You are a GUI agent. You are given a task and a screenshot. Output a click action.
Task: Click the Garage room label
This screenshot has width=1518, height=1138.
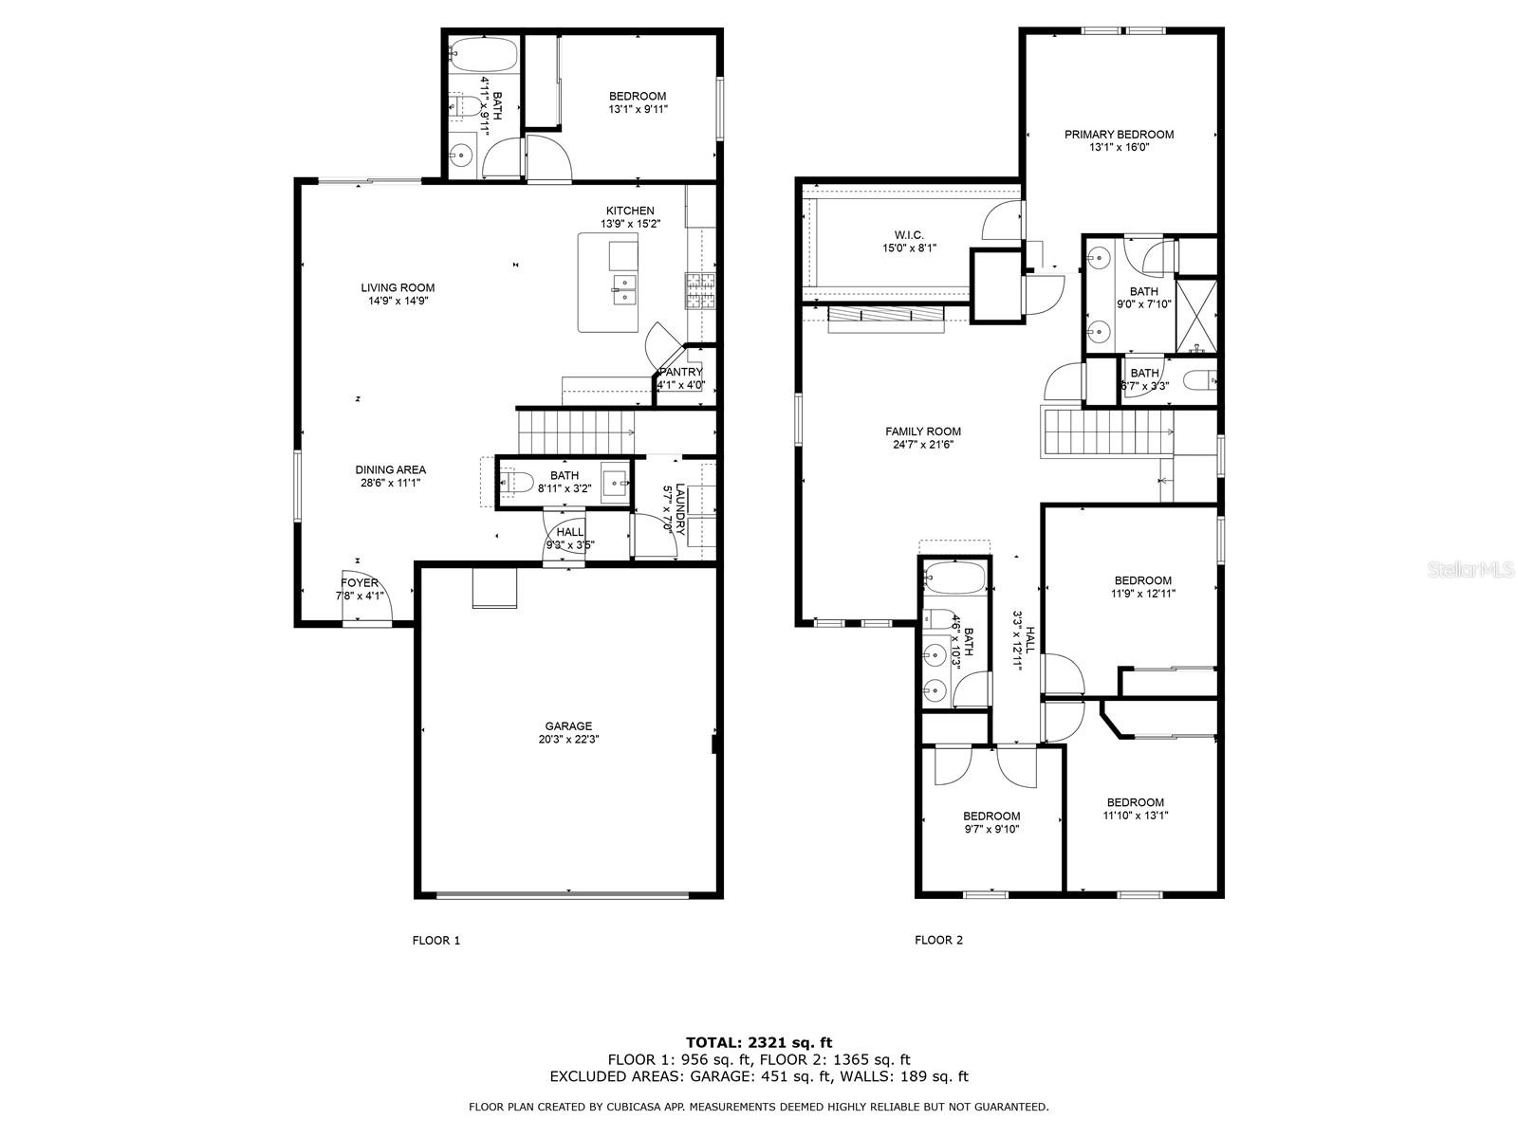coord(568,726)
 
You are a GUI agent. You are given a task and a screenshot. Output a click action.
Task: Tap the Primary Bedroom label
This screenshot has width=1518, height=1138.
coord(1119,135)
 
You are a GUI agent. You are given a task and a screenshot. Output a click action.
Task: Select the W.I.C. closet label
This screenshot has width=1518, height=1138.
coord(908,235)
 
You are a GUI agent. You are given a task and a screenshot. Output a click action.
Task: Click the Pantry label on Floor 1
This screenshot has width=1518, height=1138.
coord(680,373)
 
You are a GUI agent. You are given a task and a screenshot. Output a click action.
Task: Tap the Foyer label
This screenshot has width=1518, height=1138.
coord(360,583)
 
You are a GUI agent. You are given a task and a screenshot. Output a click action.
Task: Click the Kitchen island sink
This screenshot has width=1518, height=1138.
coord(624,289)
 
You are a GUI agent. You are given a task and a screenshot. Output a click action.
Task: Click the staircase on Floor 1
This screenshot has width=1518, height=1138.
coord(575,432)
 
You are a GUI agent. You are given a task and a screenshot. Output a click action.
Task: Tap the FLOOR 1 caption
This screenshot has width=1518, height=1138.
coord(435,941)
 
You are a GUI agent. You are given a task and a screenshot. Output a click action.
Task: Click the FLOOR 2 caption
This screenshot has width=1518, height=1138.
coord(938,941)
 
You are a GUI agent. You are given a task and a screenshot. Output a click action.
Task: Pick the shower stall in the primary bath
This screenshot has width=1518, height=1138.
coord(1196,314)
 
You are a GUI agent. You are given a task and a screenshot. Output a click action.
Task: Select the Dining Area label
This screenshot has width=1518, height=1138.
coord(390,469)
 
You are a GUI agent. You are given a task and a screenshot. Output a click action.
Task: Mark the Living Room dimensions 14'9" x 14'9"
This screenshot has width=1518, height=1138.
coord(397,302)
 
